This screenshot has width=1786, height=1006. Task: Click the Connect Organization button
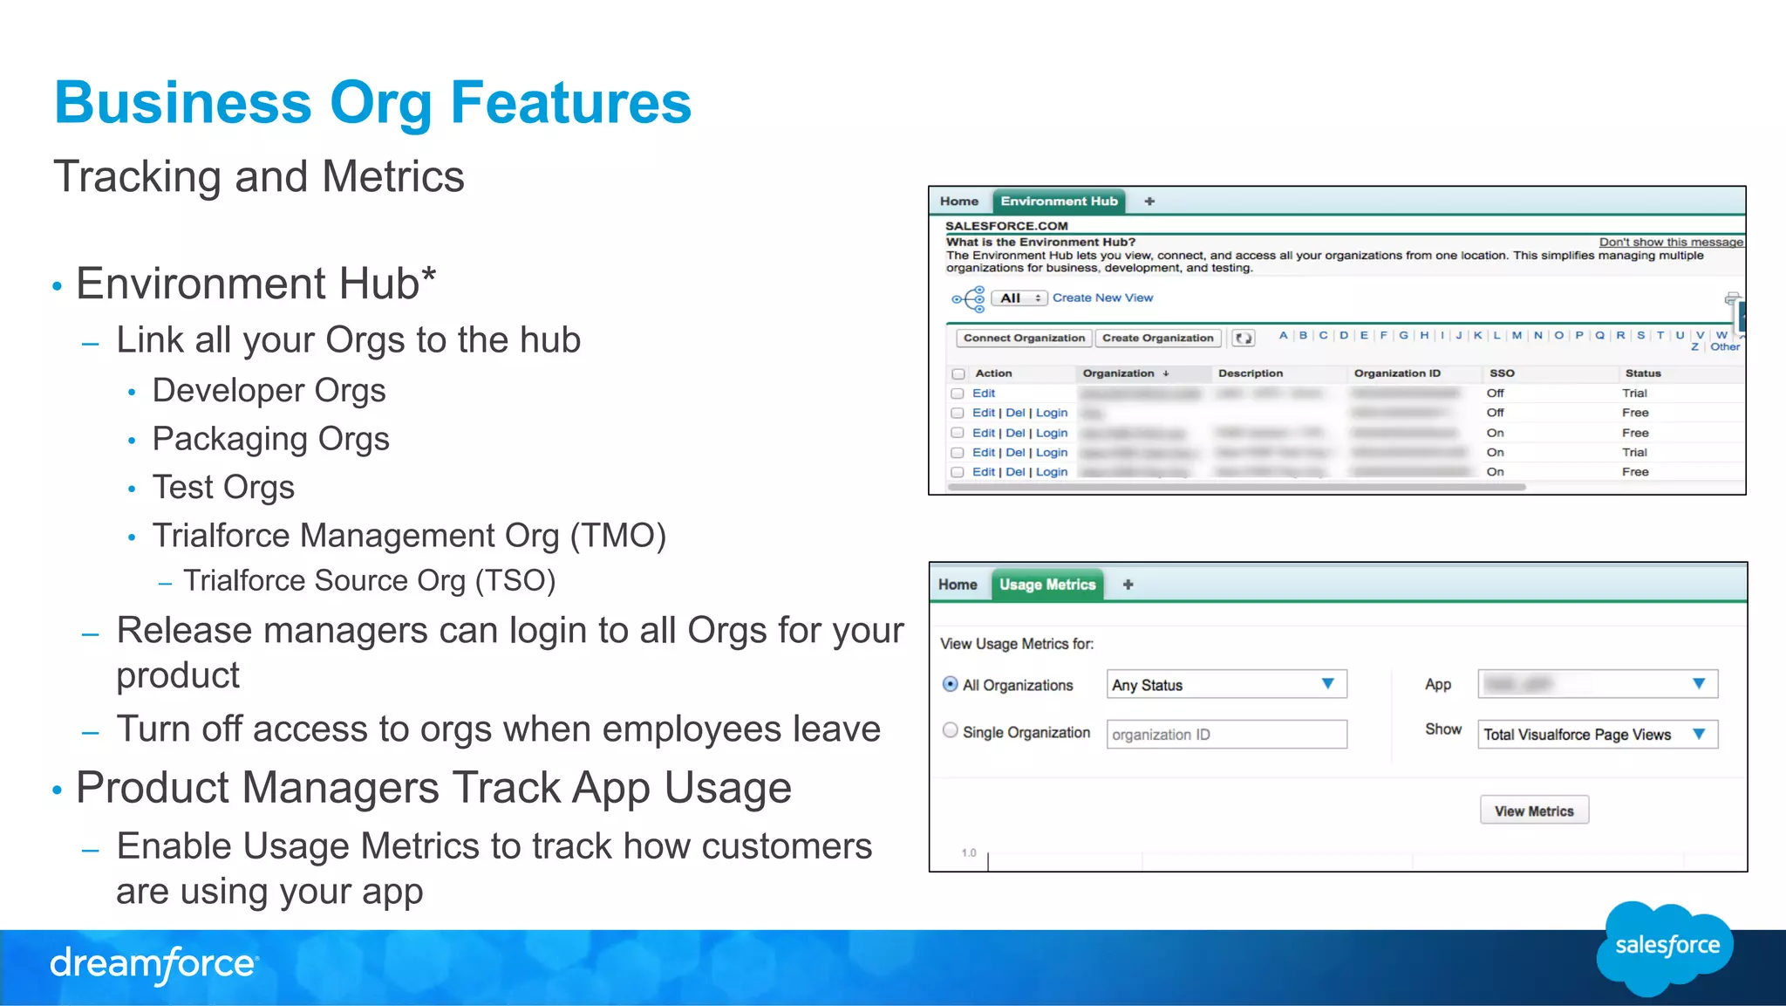[1024, 339]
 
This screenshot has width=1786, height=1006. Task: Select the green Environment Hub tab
[1059, 202]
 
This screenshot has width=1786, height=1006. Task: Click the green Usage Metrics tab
[1046, 585]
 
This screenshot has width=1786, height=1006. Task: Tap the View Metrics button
[1534, 811]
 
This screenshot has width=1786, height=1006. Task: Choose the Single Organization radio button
[951, 731]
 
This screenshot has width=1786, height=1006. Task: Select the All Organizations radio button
[951, 685]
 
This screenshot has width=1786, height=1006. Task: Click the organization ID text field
[1226, 735]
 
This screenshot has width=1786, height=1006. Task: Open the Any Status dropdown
[1226, 685]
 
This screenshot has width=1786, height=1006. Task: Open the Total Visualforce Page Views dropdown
[1597, 735]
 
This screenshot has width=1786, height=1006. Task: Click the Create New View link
[1102, 298]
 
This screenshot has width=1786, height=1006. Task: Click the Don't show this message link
[1670, 243]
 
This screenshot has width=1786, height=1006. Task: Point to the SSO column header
[1502, 373]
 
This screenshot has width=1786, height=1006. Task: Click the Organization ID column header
[1397, 373]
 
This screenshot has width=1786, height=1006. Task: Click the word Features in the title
[570, 103]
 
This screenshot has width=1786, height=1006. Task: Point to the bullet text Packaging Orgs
[270, 439]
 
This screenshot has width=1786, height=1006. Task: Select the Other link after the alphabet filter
[1724, 347]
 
